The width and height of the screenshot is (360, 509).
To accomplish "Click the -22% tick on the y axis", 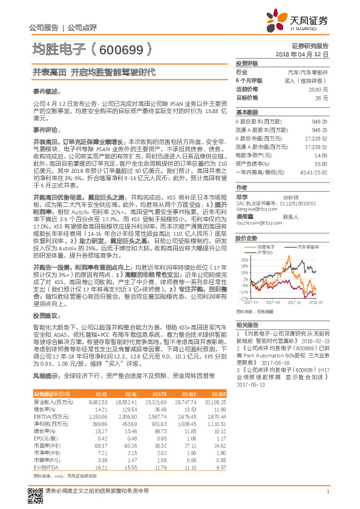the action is pyautogui.click(x=242, y=298).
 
